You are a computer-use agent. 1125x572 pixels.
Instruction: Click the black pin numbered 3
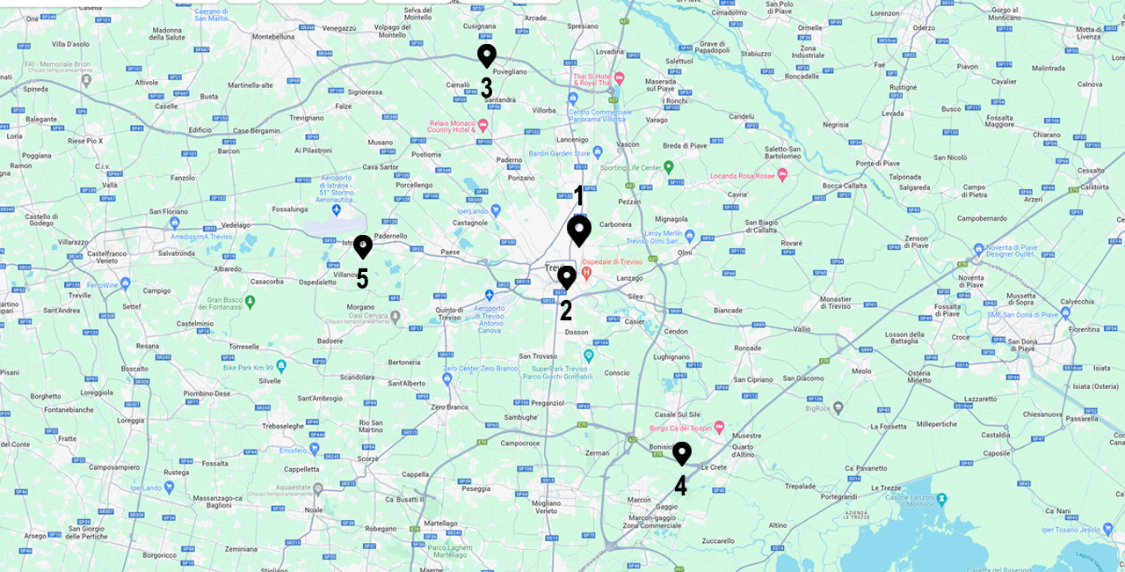(x=486, y=55)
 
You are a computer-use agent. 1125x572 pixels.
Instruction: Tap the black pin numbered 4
(x=681, y=452)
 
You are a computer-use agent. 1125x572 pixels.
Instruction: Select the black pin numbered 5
(x=362, y=246)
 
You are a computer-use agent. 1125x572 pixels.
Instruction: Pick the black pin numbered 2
(x=567, y=276)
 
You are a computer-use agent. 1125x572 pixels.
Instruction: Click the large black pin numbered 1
(x=578, y=230)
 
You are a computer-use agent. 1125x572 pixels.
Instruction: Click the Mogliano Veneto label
(x=552, y=506)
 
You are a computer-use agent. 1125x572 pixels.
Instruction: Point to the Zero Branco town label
(x=450, y=407)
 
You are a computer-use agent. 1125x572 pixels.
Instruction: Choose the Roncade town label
(x=747, y=348)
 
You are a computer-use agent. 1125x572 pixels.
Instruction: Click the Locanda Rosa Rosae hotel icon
(x=782, y=175)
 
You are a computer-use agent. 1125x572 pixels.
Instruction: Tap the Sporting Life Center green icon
(x=668, y=166)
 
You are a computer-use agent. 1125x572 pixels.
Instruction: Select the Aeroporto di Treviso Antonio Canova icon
(x=490, y=295)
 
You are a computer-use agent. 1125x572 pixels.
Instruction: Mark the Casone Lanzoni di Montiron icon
(x=941, y=499)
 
